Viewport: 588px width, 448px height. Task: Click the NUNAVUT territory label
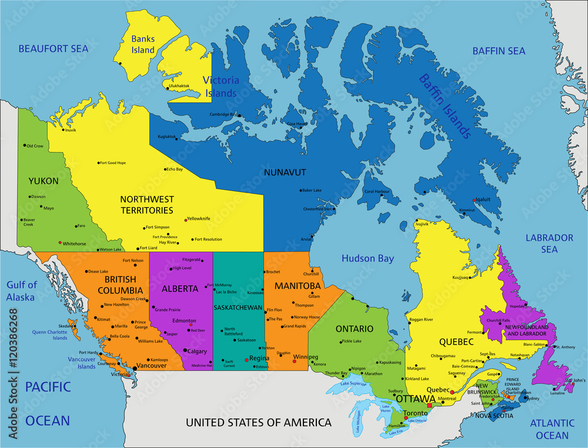click(285, 172)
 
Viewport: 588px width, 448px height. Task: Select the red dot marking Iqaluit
click(473, 200)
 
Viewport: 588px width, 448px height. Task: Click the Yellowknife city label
click(199, 218)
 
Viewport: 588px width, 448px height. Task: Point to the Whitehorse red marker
click(59, 243)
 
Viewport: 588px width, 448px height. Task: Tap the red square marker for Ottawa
click(430, 406)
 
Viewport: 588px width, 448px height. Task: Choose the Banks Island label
click(143, 45)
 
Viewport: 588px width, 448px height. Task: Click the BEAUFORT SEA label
click(53, 49)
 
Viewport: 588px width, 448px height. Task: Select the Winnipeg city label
click(305, 357)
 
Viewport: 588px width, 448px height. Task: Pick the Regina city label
click(259, 358)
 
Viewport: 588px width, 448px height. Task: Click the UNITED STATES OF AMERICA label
click(259, 422)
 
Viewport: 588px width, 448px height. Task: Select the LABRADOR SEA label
click(549, 243)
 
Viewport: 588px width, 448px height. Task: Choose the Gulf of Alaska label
click(22, 291)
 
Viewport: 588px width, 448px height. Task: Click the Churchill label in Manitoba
click(311, 274)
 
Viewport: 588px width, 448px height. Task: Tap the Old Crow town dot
click(25, 145)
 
